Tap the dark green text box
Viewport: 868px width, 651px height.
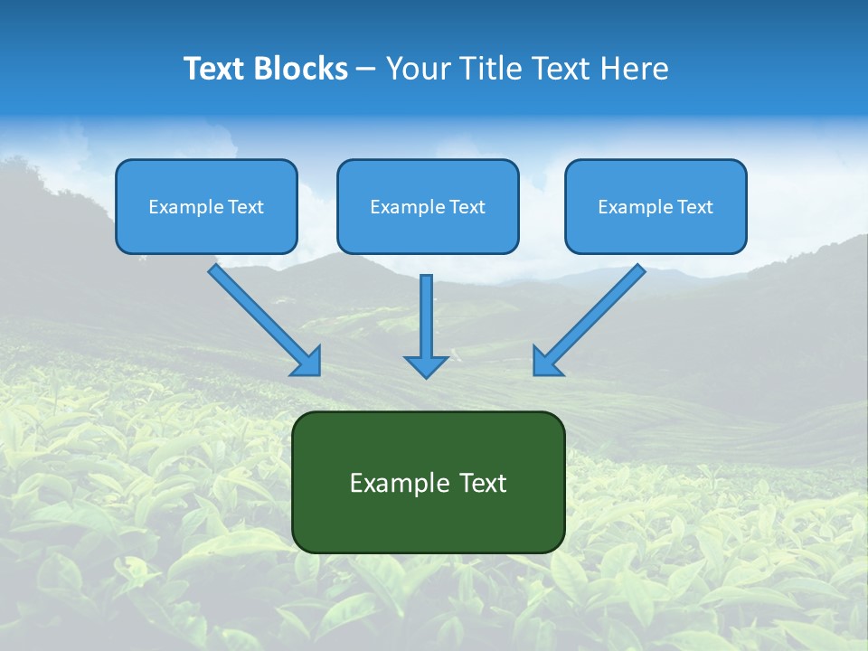pyautogui.click(x=428, y=520)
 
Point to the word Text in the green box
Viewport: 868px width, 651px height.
pyautogui.click(x=482, y=483)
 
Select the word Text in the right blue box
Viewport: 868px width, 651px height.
pyautogui.click(x=694, y=207)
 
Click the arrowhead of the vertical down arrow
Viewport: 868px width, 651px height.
pyautogui.click(x=426, y=365)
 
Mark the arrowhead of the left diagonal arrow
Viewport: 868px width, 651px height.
pyautogui.click(x=308, y=362)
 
